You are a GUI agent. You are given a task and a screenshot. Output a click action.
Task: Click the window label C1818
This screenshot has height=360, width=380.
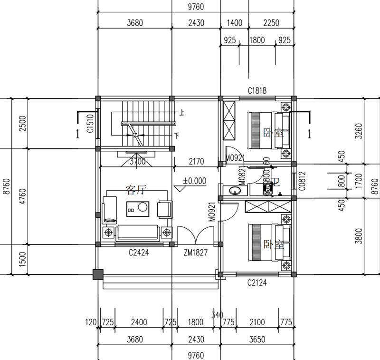pyautogui.click(x=257, y=90)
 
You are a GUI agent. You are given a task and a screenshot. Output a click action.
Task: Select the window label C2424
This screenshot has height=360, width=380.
pyautogui.click(x=139, y=253)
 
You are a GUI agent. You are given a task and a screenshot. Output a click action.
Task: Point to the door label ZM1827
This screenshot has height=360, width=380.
pyautogui.click(x=196, y=253)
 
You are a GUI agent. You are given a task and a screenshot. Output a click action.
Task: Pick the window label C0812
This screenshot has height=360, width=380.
pyautogui.click(x=302, y=181)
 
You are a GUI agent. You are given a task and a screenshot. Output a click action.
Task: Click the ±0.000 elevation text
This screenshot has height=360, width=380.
pyautogui.click(x=195, y=181)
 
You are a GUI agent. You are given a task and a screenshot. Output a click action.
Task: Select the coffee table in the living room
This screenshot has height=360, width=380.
pyautogui.click(x=137, y=208)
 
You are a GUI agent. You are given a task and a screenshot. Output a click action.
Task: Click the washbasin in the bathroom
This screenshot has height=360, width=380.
pyautogui.click(x=235, y=191)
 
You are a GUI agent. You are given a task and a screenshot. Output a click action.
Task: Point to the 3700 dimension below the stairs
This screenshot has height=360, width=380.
pyautogui.click(x=138, y=162)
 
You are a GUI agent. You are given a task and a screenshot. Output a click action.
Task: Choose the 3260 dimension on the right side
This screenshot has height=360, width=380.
pyautogui.click(x=372, y=129)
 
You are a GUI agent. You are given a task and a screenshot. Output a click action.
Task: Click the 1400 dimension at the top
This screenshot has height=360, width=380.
pyautogui.click(x=234, y=23)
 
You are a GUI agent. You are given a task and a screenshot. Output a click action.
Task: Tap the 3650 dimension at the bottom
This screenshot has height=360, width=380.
pyautogui.click(x=257, y=340)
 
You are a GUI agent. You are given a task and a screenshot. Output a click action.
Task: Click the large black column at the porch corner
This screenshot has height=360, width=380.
pyautogui.click(x=97, y=274)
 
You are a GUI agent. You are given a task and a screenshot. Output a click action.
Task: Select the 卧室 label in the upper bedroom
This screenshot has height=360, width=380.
pyautogui.click(x=273, y=133)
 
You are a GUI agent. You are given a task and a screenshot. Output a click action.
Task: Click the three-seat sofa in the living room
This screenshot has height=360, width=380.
pyautogui.click(x=138, y=232)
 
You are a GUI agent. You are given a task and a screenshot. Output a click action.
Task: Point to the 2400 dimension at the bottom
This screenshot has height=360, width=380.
pyautogui.click(x=139, y=322)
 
